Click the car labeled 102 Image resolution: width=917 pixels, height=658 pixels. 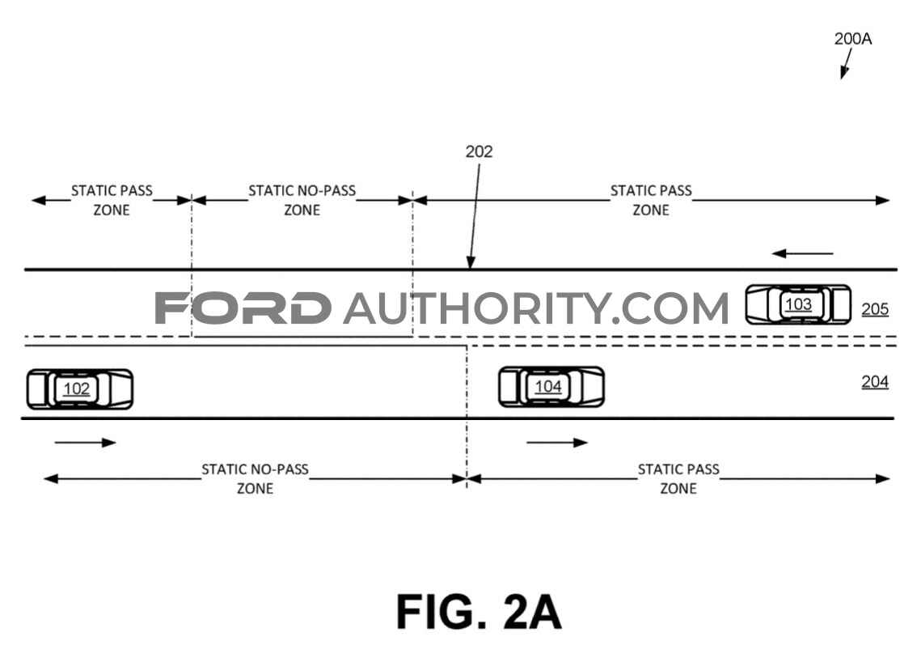pyautogui.click(x=79, y=389)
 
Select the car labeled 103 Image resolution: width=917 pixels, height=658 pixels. pyautogui.click(x=798, y=304)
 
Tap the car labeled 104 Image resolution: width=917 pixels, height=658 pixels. pyautogui.click(x=551, y=387)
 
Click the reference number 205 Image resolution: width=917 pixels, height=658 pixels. pyautogui.click(x=875, y=309)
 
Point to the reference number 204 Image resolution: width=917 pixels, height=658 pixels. pyautogui.click(x=875, y=382)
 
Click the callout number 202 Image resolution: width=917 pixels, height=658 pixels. pyautogui.click(x=479, y=151)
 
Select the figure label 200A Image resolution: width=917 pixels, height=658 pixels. pyautogui.click(x=852, y=39)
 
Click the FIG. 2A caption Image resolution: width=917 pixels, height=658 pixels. pyautogui.click(x=479, y=612)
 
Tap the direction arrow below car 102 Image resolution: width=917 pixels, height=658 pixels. pyautogui.click(x=86, y=443)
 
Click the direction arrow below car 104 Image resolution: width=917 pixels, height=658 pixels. pyautogui.click(x=556, y=443)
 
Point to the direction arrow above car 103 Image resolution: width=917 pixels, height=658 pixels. pyautogui.click(x=802, y=253)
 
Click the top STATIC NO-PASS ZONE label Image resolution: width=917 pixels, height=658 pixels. pyautogui.click(x=302, y=200)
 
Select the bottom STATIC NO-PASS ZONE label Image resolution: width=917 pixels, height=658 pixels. pyautogui.click(x=255, y=479)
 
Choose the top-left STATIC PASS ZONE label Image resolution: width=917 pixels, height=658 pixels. pyautogui.click(x=112, y=200)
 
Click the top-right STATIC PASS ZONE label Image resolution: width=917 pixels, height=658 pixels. pyautogui.click(x=651, y=200)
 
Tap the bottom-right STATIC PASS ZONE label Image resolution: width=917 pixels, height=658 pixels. pyautogui.click(x=678, y=479)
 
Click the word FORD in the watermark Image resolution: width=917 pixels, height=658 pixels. pyautogui.click(x=243, y=308)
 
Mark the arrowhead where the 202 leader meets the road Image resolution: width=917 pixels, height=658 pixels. pyautogui.click(x=470, y=263)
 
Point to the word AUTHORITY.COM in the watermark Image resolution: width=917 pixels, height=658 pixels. pyautogui.click(x=536, y=308)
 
